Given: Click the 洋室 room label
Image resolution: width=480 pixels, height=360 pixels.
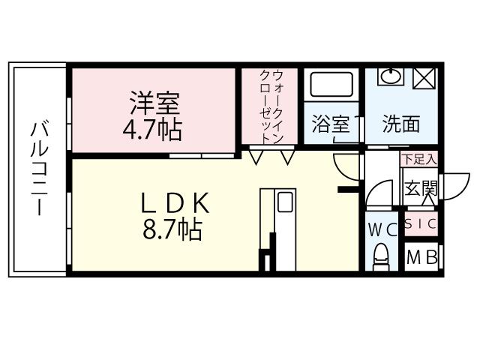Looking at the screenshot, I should click(155, 101).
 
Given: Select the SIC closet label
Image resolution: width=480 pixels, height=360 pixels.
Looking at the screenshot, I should click(421, 223).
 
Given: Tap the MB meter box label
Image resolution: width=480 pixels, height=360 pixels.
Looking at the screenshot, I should click(421, 258).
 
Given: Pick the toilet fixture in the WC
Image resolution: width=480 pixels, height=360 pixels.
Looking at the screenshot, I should click(381, 255).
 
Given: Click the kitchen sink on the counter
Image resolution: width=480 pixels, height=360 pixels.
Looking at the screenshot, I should click(285, 202).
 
